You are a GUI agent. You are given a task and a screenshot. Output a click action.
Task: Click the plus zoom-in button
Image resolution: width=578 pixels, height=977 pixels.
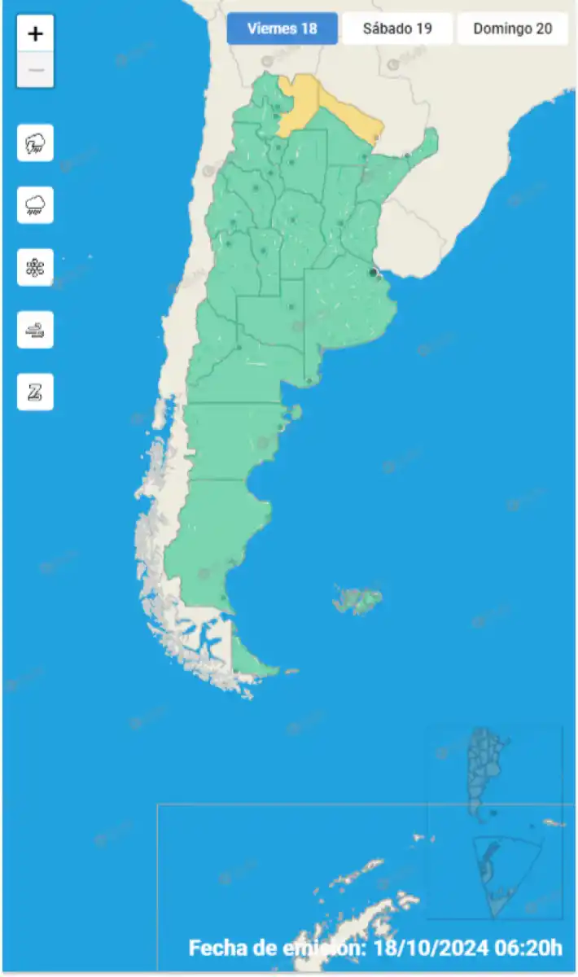(35, 34)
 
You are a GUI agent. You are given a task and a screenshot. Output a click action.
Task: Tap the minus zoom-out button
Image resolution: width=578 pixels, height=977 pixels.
(35, 70)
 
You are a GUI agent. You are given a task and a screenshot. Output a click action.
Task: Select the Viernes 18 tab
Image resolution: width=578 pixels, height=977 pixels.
(282, 28)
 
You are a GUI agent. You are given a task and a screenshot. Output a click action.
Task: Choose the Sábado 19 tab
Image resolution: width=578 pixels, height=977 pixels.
(397, 28)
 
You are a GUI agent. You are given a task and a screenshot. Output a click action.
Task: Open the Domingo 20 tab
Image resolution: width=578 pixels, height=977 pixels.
(513, 28)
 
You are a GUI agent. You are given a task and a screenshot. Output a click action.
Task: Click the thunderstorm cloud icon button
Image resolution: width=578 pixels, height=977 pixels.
(35, 143)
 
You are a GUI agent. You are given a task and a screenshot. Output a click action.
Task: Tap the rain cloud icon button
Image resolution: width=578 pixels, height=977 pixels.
(35, 205)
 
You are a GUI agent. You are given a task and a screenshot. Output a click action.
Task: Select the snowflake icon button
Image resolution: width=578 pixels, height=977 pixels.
(35, 267)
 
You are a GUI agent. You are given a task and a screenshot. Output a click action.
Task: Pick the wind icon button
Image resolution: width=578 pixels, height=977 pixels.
(35, 330)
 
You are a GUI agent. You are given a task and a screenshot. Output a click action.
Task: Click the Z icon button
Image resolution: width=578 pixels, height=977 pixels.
(35, 392)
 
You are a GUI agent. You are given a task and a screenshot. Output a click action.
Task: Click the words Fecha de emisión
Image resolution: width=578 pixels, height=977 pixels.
(278, 948)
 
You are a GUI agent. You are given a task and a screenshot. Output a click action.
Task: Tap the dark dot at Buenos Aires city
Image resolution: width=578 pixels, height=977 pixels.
(373, 273)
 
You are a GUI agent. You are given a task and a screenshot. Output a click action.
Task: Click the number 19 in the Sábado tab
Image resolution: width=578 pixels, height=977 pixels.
(423, 28)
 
